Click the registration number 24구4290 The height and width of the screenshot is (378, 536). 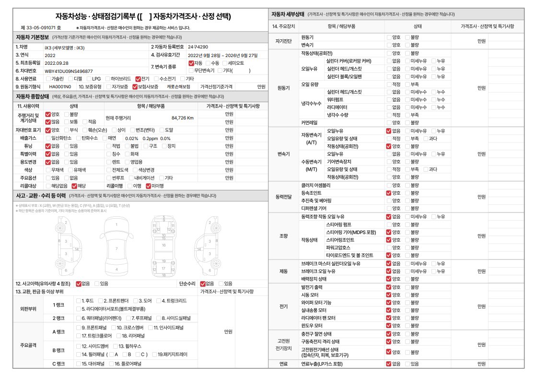(198, 47)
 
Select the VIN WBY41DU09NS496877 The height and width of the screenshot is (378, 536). (69, 71)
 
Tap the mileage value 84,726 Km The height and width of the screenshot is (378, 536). (182, 118)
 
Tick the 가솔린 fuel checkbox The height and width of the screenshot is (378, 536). (48, 79)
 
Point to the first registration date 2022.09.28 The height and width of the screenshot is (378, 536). (57, 63)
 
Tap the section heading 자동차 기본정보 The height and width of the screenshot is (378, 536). (32, 37)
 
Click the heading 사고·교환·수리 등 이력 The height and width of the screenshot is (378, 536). (41, 196)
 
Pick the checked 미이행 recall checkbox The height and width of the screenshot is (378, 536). (149, 186)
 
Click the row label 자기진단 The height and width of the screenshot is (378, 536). (283, 41)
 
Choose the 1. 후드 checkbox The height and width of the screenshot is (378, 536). (78, 301)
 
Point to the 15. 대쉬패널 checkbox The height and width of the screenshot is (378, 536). (78, 364)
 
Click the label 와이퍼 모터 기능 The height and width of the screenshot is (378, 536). (316, 303)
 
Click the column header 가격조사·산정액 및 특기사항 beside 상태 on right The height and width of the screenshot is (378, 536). (487, 26)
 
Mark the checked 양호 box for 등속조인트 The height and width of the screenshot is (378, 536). (388, 193)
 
